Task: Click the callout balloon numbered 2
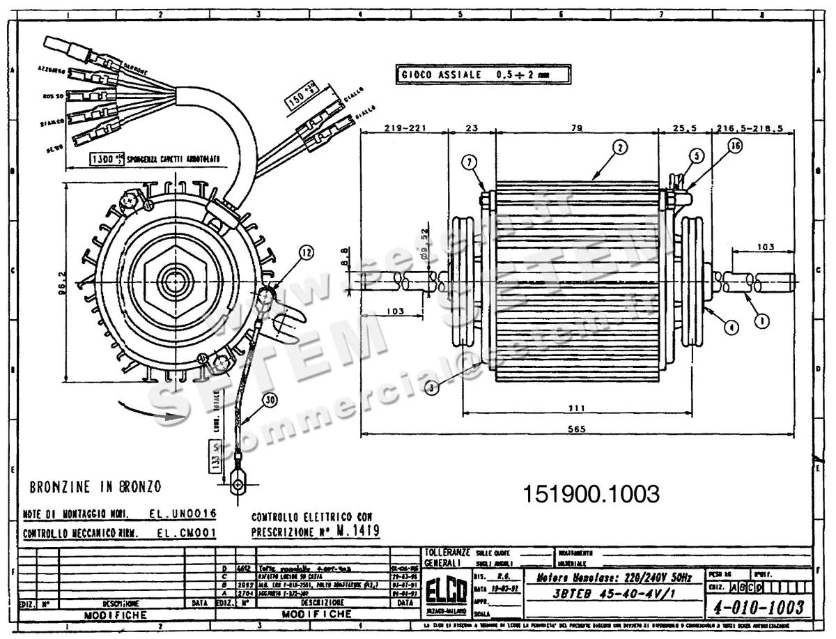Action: pyautogui.click(x=621, y=147)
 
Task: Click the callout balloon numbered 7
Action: pyautogui.click(x=472, y=162)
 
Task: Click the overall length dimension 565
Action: pyautogui.click(x=576, y=429)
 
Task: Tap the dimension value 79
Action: pyautogui.click(x=576, y=128)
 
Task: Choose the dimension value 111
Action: pyautogui.click(x=576, y=408)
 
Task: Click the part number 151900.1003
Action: pyautogui.click(x=591, y=495)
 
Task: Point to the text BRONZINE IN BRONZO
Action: pyautogui.click(x=95, y=486)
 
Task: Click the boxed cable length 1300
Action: pyautogui.click(x=102, y=160)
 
